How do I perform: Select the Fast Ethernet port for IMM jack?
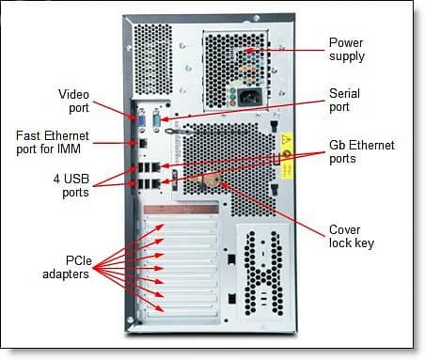tap(140, 143)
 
